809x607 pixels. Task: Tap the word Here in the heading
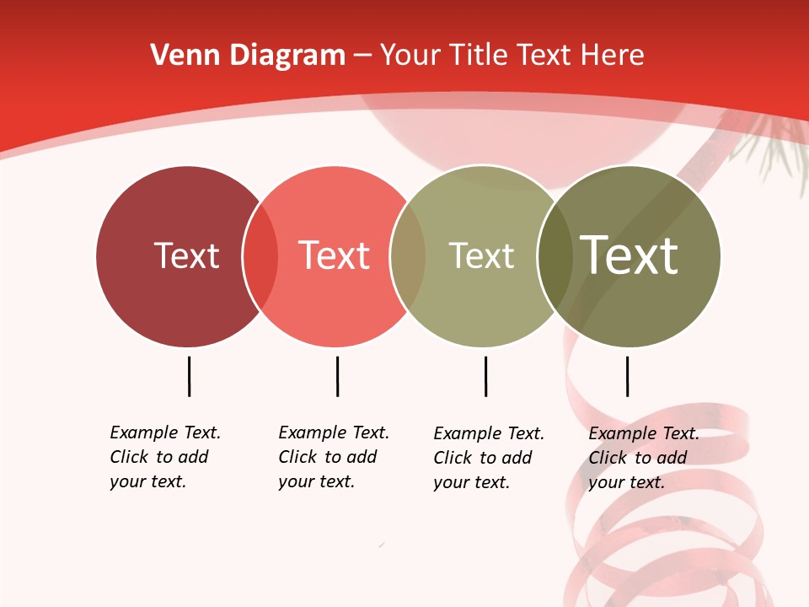[x=614, y=56]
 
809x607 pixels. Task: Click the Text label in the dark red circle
[x=186, y=255]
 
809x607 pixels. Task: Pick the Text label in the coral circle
[x=335, y=255]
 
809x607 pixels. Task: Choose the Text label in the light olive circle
[x=481, y=255]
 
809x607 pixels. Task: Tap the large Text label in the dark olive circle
[x=630, y=255]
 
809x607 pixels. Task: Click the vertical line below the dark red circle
[x=190, y=376]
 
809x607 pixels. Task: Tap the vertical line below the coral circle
[x=337, y=376]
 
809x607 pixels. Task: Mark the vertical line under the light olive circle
[x=485, y=376]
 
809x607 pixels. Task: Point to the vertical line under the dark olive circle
[x=627, y=376]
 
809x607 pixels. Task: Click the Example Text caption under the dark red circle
[x=164, y=457]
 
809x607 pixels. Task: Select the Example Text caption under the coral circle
[x=333, y=457]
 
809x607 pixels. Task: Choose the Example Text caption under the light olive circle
[x=488, y=458]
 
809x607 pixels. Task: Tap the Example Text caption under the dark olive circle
[x=643, y=458]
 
